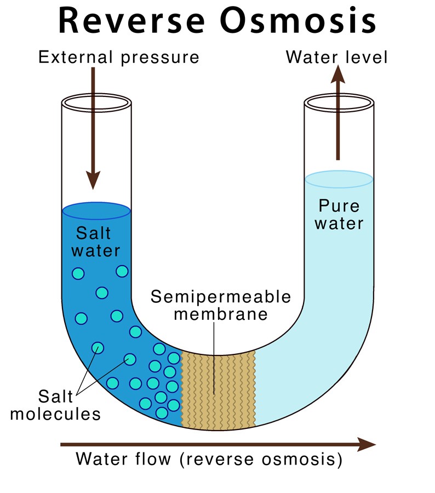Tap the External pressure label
click(x=119, y=56)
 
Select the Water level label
click(x=337, y=56)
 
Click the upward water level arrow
click(x=338, y=115)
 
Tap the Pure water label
click(x=340, y=215)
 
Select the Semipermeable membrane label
click(x=221, y=306)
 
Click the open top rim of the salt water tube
click(x=96, y=102)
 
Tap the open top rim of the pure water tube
click(x=339, y=102)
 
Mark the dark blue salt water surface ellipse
click(x=96, y=210)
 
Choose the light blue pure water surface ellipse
click(x=339, y=179)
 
